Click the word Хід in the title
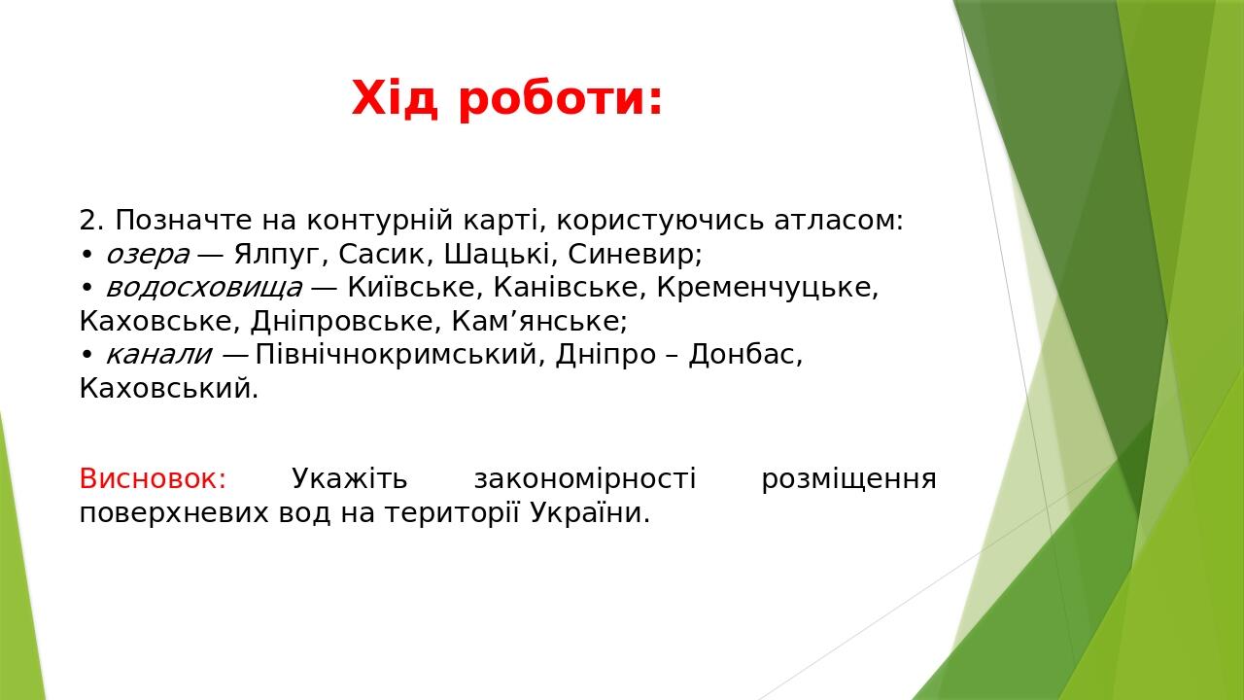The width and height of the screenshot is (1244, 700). coord(395,98)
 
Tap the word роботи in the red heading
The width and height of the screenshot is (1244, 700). coord(561,98)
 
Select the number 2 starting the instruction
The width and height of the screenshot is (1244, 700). coord(90,221)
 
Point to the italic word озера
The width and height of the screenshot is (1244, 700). coord(147,255)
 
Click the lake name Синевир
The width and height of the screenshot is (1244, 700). coord(634,255)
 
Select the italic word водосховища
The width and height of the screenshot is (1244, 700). coord(203,288)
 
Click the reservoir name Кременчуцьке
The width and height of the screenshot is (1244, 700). coord(767,288)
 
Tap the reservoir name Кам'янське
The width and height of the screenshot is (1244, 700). coord(539,322)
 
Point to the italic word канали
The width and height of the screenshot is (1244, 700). coord(157,355)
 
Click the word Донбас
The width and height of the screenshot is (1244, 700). coord(744,355)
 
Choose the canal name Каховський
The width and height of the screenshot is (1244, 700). coord(168,389)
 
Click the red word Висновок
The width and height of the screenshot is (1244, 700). coord(152,479)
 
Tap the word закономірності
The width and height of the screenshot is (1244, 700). coord(584,479)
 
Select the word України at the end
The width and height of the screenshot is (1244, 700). coord(589,513)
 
